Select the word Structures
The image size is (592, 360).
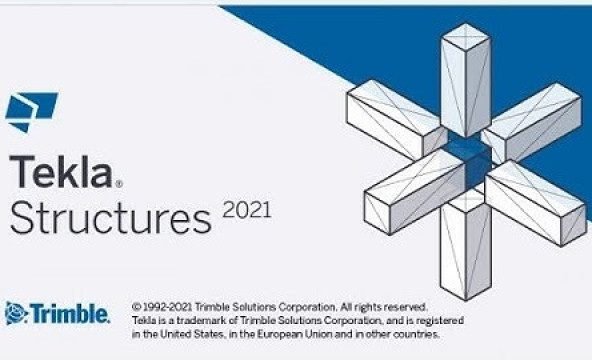click(x=110, y=216)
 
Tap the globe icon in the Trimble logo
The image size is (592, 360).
click(x=14, y=313)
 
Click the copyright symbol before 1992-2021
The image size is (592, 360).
click(x=135, y=304)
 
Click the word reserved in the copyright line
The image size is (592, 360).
click(x=406, y=304)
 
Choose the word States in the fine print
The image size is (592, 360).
click(x=202, y=334)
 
